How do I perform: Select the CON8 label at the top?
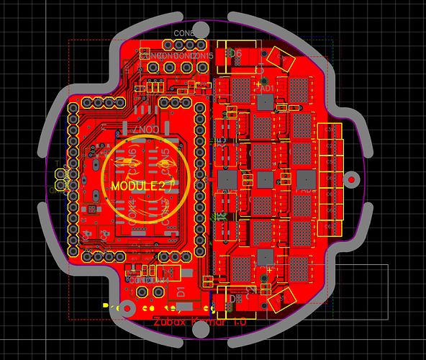[x=183, y=34]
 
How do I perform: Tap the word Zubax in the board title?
[x=169, y=323]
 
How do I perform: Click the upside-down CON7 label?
[x=145, y=129]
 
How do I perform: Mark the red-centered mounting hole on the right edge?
[x=352, y=178]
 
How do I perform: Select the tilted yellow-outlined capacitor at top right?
[x=279, y=59]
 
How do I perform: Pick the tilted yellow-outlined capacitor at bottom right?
[x=282, y=296]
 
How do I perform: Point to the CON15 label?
[x=202, y=55]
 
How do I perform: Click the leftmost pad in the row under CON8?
[x=153, y=67]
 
